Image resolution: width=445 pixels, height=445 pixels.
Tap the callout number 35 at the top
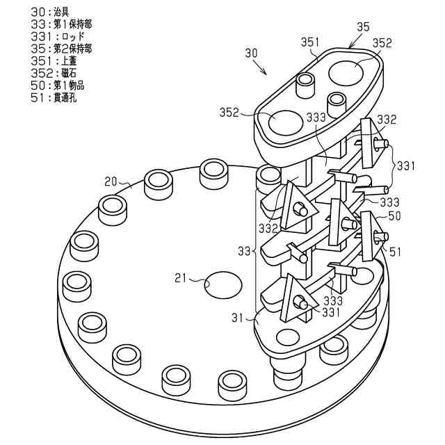pyautogui.click(x=362, y=27)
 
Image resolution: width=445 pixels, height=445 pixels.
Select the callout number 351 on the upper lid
pyautogui.click(x=310, y=42)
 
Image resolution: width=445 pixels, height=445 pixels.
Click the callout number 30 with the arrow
pyautogui.click(x=251, y=53)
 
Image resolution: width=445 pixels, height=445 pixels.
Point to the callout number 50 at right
pyautogui.click(x=394, y=217)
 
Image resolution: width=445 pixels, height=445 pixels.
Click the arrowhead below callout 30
pyautogui.click(x=263, y=72)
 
